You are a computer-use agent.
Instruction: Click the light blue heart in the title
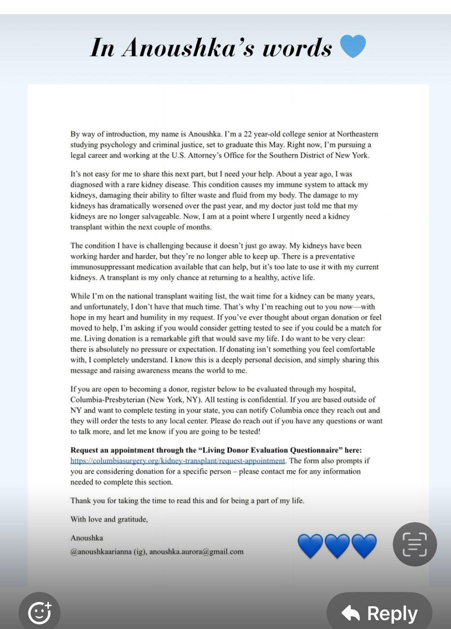point(353,46)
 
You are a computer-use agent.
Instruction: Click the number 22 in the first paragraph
point(247,134)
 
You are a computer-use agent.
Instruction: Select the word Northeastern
point(357,134)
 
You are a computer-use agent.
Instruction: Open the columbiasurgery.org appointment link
point(178,461)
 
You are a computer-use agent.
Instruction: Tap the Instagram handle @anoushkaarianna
point(101,552)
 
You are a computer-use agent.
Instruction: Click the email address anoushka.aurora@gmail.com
point(196,552)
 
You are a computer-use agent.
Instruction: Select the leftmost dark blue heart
point(310,546)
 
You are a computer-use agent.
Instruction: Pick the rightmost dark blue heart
point(364,546)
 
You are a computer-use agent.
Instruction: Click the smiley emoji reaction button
point(40,612)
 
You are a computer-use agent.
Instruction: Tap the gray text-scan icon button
point(415,544)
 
